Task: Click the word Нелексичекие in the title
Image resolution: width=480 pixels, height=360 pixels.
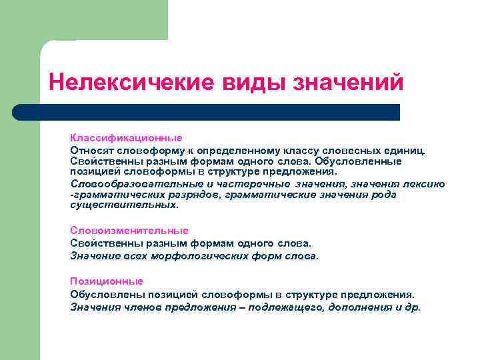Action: coord(127,83)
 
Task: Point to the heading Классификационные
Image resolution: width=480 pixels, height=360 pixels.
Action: coord(126,138)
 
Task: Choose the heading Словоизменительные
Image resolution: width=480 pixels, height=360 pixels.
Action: coord(129,231)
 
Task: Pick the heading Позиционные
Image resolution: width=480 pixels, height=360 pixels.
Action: coord(107,281)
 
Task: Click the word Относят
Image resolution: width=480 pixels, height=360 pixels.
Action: coord(91,150)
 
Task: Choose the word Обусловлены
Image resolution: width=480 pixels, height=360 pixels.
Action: coord(103,294)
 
